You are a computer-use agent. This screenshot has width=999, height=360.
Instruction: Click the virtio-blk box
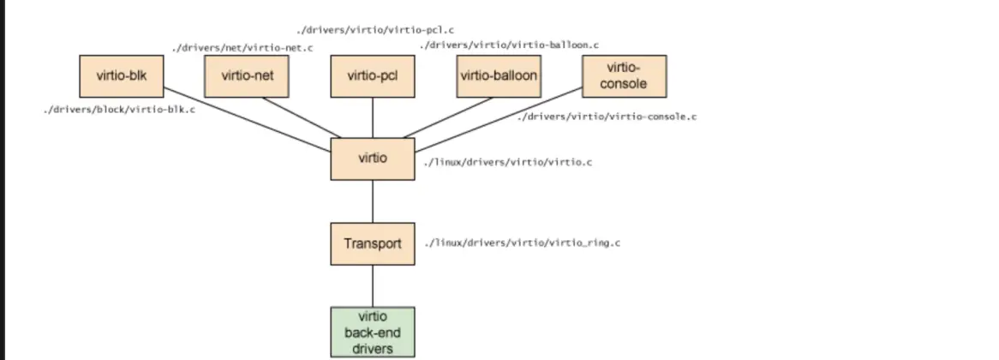pyautogui.click(x=121, y=76)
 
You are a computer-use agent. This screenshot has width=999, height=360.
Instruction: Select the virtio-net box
pyautogui.click(x=247, y=76)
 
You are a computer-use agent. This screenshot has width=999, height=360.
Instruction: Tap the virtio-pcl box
pyautogui.click(x=372, y=76)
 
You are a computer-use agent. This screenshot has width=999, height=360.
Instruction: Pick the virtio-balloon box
pyautogui.click(x=499, y=76)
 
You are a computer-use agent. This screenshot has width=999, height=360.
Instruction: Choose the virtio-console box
pyautogui.click(x=625, y=76)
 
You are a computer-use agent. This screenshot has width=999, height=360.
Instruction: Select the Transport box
pyautogui.click(x=372, y=243)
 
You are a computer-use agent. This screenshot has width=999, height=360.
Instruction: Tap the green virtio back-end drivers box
pyautogui.click(x=372, y=332)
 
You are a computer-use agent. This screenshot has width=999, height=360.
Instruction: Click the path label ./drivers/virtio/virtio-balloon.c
pyautogui.click(x=509, y=45)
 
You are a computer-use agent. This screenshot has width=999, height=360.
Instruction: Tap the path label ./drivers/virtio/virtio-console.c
pyautogui.click(x=607, y=116)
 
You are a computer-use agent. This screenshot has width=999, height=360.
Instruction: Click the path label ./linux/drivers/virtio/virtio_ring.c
pyautogui.click(x=522, y=243)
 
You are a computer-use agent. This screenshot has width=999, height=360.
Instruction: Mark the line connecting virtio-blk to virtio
pyautogui.click(x=248, y=119)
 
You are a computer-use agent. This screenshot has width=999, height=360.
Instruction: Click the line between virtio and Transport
pyautogui.click(x=372, y=201)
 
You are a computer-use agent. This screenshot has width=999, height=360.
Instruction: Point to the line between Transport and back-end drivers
pyautogui.click(x=372, y=285)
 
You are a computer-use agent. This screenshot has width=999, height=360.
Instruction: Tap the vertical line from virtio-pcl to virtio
pyautogui.click(x=372, y=117)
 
